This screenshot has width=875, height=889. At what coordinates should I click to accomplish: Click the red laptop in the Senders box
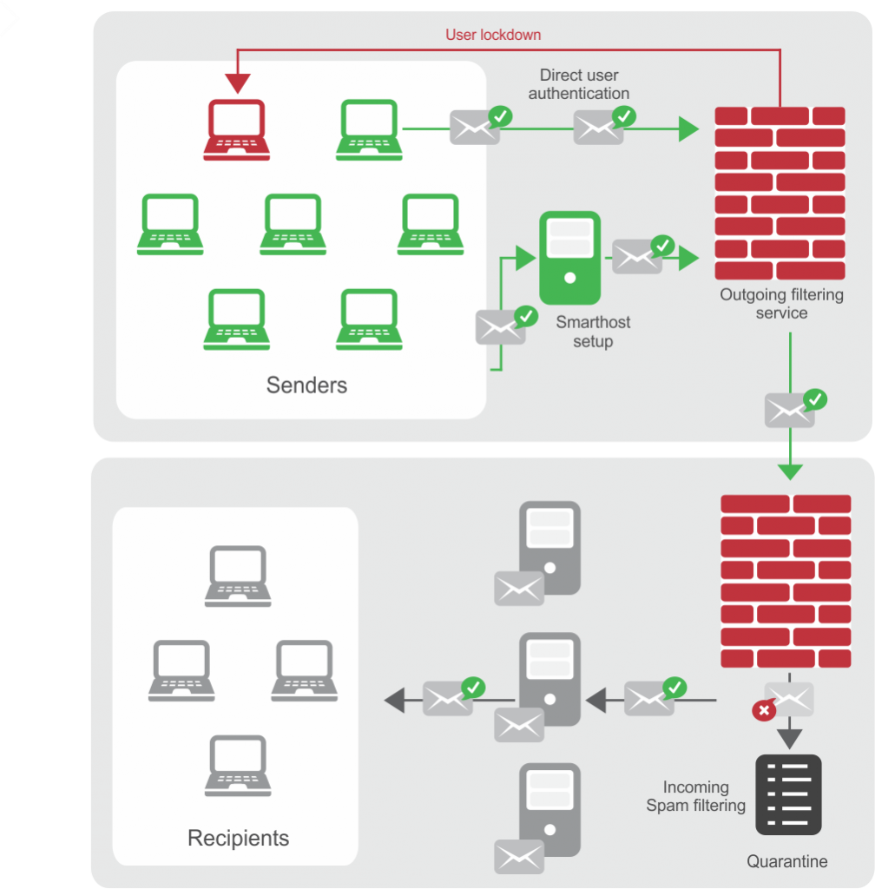pyautogui.click(x=235, y=130)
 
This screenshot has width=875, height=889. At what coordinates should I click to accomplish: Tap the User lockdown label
pyautogui.click(x=493, y=35)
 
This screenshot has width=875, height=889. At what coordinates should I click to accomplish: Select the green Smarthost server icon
pyautogui.click(x=569, y=258)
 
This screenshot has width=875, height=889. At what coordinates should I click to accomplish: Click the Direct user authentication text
pyautogui.click(x=579, y=84)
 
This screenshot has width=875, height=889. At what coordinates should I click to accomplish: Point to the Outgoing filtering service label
pyautogui.click(x=781, y=304)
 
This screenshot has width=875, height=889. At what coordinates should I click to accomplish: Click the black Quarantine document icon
pyautogui.click(x=788, y=794)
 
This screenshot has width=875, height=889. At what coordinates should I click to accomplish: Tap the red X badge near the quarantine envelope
pyautogui.click(x=763, y=711)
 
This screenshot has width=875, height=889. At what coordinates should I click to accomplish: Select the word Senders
pyautogui.click(x=306, y=385)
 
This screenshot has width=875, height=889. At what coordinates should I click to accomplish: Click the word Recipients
pyautogui.click(x=238, y=838)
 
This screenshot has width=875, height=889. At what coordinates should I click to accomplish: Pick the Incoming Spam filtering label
pyautogui.click(x=695, y=796)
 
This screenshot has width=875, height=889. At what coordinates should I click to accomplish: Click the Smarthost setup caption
pyautogui.click(x=593, y=332)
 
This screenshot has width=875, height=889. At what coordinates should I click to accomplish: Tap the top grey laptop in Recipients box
pyautogui.click(x=238, y=576)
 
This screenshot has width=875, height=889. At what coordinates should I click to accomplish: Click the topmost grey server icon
pyautogui.click(x=549, y=547)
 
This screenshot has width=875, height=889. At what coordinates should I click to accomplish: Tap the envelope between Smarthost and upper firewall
pyautogui.click(x=637, y=256)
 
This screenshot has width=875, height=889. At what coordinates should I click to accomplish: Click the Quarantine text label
pyautogui.click(x=787, y=861)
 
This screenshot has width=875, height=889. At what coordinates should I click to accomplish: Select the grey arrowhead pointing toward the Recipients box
pyautogui.click(x=394, y=700)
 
